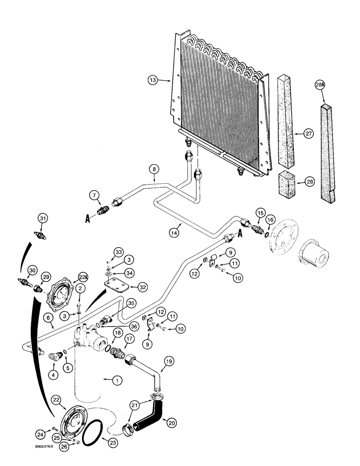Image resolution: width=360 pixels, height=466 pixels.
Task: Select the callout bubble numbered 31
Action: point(42,218)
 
